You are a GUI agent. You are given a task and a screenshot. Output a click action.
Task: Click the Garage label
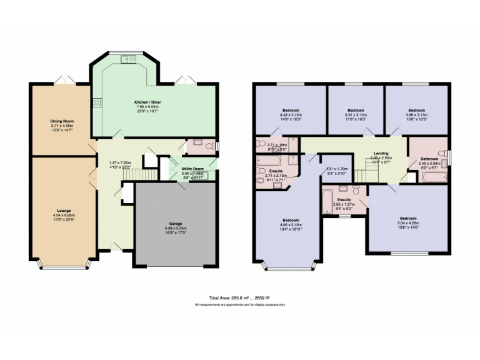(x=176, y=223)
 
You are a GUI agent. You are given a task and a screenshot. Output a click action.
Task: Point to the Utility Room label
(x=193, y=169)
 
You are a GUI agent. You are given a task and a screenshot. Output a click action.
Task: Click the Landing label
(x=381, y=153)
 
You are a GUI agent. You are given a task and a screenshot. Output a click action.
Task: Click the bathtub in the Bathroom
(x=432, y=177)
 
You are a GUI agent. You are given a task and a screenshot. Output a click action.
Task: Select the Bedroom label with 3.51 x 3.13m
(x=356, y=109)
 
